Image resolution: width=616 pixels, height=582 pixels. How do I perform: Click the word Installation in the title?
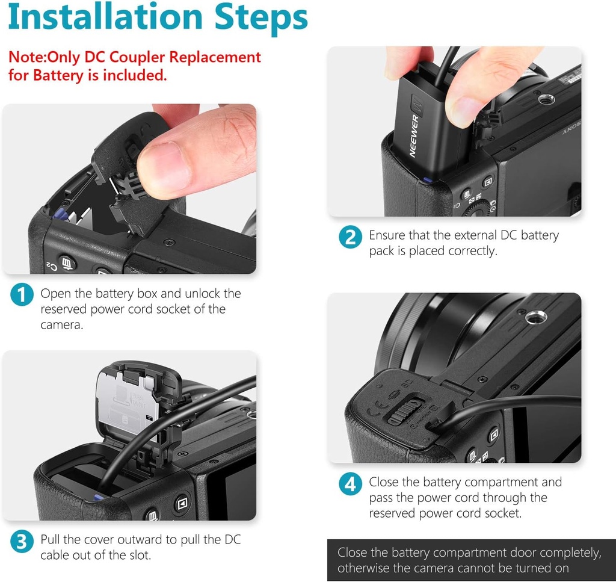(x=105, y=16)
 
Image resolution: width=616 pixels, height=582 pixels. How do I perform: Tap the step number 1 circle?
(x=22, y=295)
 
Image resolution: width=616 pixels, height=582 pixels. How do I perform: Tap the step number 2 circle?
(x=350, y=237)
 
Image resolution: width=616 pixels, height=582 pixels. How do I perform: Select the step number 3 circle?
(x=22, y=541)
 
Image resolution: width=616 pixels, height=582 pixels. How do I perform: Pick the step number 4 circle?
(x=350, y=484)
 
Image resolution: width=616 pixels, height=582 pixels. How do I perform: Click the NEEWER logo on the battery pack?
(x=414, y=136)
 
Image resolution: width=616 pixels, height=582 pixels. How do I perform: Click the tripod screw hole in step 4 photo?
(x=536, y=317)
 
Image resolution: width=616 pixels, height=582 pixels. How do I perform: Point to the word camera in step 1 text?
(x=62, y=325)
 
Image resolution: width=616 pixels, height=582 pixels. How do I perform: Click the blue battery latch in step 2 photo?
(x=427, y=181)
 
